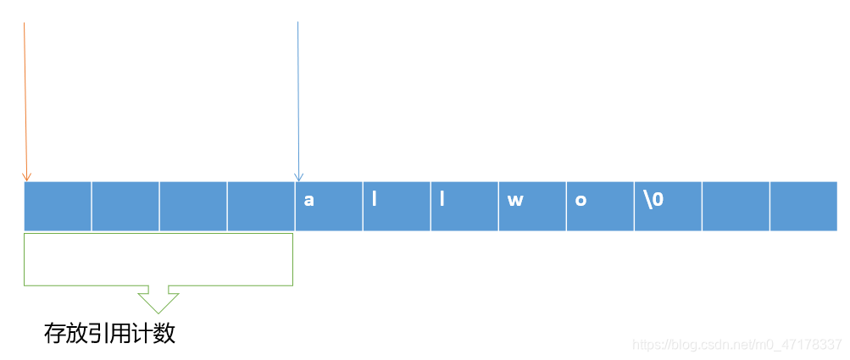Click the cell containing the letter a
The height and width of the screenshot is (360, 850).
(329, 206)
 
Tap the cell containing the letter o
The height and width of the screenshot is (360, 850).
(600, 206)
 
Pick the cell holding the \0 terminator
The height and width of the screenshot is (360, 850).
(668, 206)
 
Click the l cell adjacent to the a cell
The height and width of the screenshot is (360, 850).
(397, 206)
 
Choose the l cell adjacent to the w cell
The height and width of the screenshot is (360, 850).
(464, 206)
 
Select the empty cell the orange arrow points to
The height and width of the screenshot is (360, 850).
(58, 206)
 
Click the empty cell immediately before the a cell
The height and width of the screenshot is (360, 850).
(261, 206)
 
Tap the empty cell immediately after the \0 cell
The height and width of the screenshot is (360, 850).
(736, 206)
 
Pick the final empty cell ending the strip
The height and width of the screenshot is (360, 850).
(803, 206)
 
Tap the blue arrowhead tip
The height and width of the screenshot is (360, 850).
(297, 179)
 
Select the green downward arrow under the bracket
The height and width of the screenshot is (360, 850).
(158, 299)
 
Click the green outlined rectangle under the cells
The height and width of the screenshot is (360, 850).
(158, 259)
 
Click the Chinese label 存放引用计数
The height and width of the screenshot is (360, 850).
(109, 334)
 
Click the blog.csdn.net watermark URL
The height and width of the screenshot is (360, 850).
(737, 345)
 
